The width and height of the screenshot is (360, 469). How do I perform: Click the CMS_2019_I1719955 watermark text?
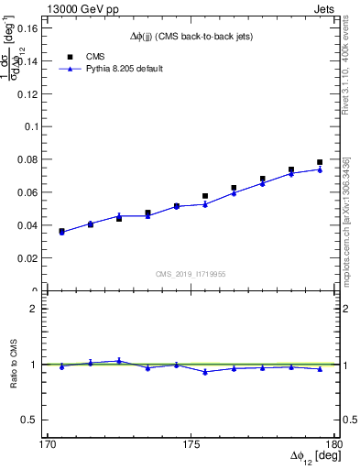pyautogui.click(x=191, y=273)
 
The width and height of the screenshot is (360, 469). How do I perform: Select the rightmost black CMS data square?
pyautogui.click(x=320, y=162)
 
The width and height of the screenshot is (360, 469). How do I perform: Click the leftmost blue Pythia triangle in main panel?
pyautogui.click(x=61, y=233)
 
